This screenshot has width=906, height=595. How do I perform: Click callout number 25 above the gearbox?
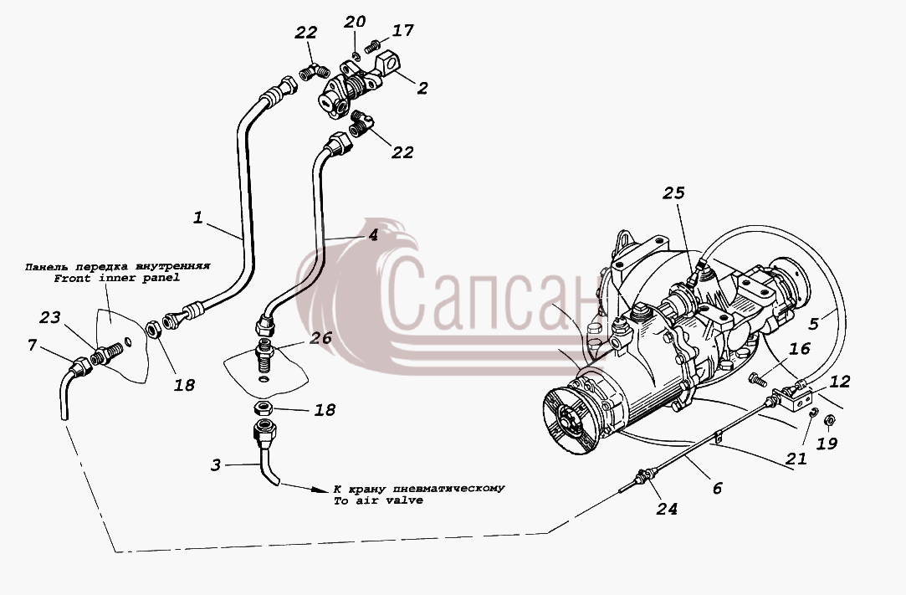(x=673, y=193)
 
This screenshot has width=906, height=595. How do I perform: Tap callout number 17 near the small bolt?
(x=402, y=30)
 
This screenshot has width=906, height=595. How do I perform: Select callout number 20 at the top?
(x=355, y=22)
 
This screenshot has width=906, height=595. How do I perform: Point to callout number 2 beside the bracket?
(x=422, y=88)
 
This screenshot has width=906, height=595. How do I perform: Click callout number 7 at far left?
(x=33, y=346)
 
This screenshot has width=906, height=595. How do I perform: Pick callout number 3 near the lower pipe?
(x=216, y=465)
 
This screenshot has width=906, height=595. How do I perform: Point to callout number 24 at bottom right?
(x=667, y=509)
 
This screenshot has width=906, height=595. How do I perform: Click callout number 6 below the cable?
(x=717, y=488)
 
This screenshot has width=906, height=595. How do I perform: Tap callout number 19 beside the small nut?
(x=827, y=444)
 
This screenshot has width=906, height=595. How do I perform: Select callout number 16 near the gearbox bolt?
(x=801, y=349)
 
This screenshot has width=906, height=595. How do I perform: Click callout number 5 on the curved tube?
(x=813, y=323)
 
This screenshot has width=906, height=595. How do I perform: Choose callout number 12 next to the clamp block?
(x=840, y=382)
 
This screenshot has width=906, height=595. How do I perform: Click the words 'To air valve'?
(x=378, y=500)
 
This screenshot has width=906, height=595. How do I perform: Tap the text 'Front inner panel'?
(x=117, y=278)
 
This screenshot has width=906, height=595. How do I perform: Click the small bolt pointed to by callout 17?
(x=373, y=46)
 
